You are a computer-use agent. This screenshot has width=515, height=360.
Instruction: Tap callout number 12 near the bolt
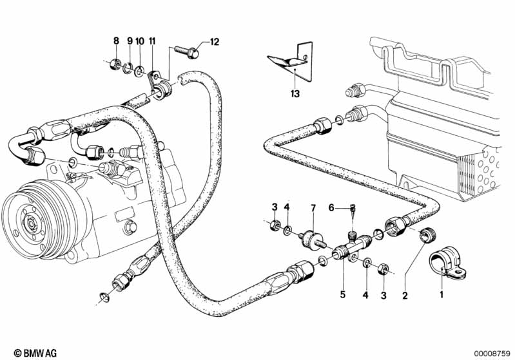(215, 43)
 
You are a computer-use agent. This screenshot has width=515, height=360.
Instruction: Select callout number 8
(116, 41)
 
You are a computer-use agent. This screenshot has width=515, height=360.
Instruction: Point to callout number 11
(152, 41)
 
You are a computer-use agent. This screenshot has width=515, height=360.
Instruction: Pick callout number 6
(331, 207)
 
